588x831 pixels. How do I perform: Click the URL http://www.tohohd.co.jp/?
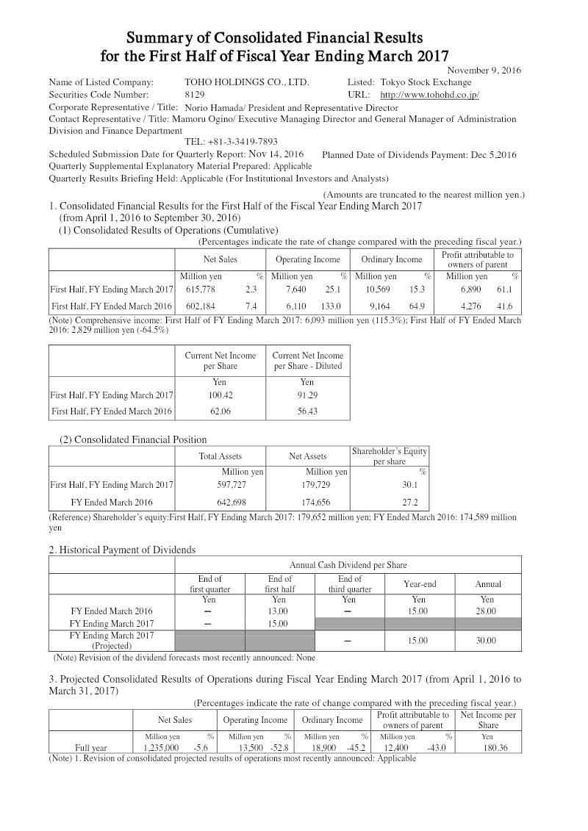[429, 95]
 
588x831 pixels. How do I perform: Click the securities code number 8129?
[195, 95]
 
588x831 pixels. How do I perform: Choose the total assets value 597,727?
[227, 485]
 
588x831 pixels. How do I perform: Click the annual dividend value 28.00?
[487, 611]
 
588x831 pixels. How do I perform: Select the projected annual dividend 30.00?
[487, 641]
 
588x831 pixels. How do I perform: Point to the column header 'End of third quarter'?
[349, 583]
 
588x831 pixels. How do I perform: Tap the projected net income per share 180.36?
[487, 748]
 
